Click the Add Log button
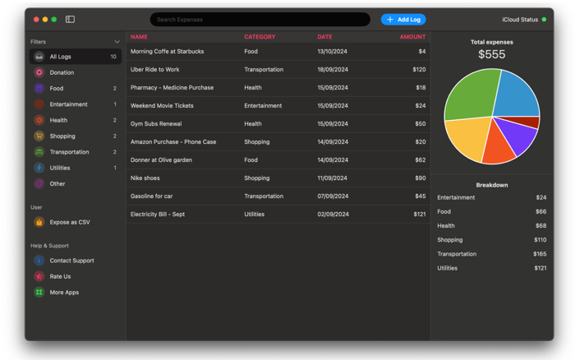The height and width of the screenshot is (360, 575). tap(403, 20)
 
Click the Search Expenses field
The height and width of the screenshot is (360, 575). tap(260, 20)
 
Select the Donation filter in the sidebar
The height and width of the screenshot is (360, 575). tap(62, 72)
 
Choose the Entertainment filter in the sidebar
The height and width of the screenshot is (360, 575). tap(68, 104)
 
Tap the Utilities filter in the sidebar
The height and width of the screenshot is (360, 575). tap(60, 168)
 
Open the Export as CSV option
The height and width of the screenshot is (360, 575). tap(70, 222)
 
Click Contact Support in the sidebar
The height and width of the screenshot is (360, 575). tap(71, 261)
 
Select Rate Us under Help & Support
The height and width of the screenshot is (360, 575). tap(60, 276)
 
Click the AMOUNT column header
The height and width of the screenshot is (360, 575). tap(412, 37)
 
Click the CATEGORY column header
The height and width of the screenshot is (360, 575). tap(260, 37)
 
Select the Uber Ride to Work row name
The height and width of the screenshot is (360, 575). tap(154, 70)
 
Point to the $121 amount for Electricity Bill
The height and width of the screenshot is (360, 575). tap(419, 215)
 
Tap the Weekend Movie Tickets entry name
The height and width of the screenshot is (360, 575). tap(162, 106)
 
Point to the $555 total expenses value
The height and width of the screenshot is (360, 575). tap(491, 55)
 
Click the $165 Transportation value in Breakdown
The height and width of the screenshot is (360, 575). tap(540, 254)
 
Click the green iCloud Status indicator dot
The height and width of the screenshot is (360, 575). tap(544, 20)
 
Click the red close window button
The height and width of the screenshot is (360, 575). tap(36, 20)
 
